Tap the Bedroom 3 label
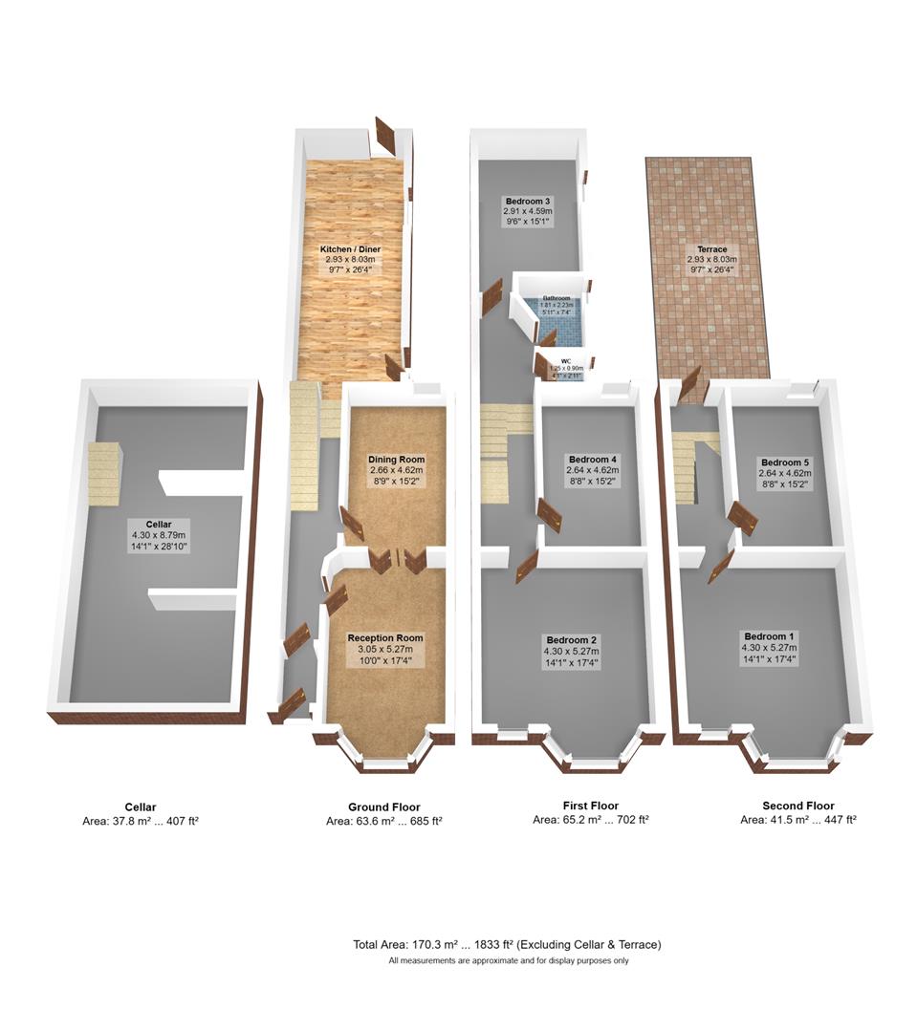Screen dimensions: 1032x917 pyautogui.click(x=528, y=201)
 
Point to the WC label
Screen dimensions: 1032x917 pyautogui.click(x=565, y=361)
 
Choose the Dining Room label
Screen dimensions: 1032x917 pyautogui.click(x=396, y=460)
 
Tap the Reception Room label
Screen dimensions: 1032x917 pyautogui.click(x=384, y=637)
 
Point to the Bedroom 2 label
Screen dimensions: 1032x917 pyautogui.click(x=572, y=639)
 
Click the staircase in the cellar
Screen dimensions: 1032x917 pyautogui.click(x=104, y=473)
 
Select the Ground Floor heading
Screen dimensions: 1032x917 pyautogui.click(x=383, y=807)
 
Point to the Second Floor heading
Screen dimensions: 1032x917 pyautogui.click(x=797, y=806)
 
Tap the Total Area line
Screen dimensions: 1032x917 pyautogui.click(x=507, y=945)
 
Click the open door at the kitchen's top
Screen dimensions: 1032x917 pyautogui.click(x=386, y=137)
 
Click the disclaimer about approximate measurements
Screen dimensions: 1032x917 pyautogui.click(x=508, y=961)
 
